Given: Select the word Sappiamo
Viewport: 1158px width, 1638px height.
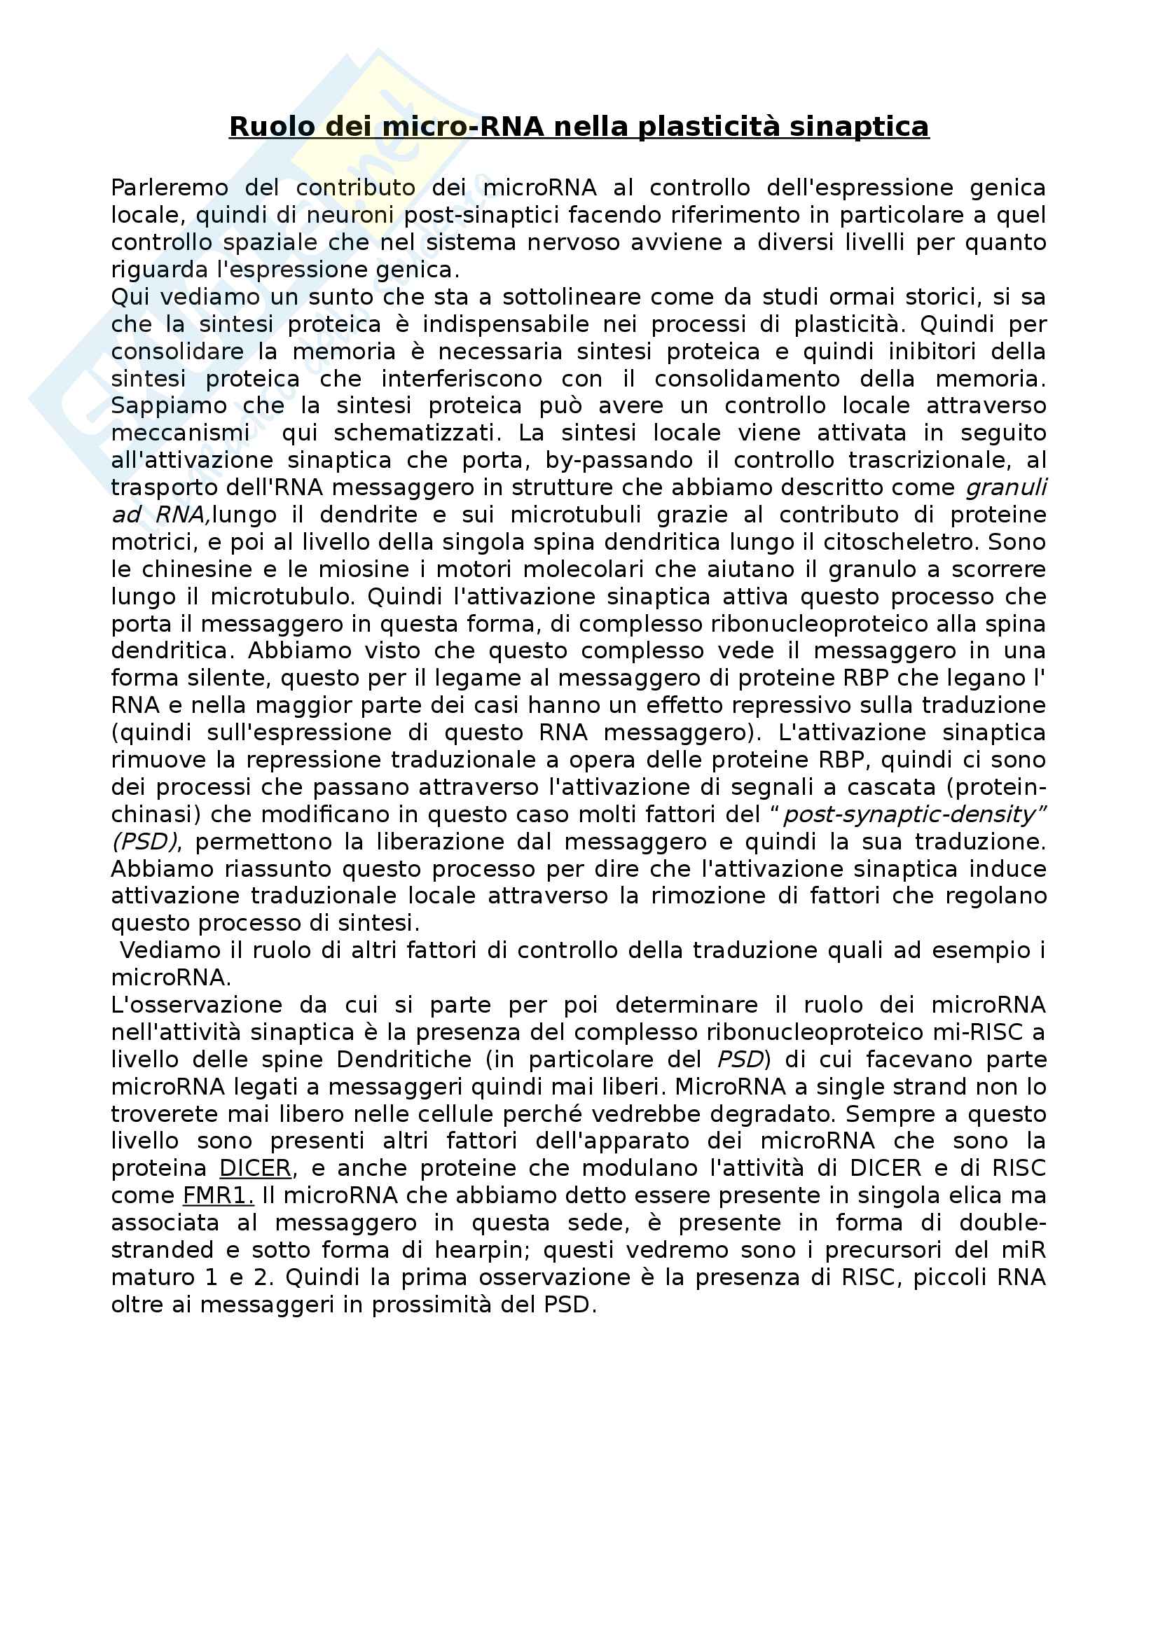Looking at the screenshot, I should click(167, 406).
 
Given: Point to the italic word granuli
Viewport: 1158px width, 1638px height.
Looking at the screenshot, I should click(1006, 488).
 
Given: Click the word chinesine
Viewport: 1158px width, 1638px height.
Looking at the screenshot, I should click(188, 569).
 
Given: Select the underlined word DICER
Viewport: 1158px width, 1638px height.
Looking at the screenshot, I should click(255, 1169).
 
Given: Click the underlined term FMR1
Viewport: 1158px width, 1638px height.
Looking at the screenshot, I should click(218, 1195).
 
